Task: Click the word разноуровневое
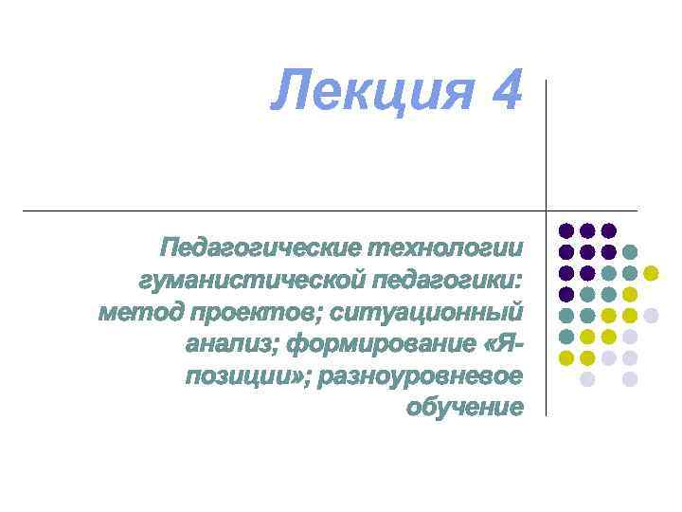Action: pyautogui.click(x=422, y=376)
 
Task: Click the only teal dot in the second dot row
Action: pyautogui.click(x=630, y=252)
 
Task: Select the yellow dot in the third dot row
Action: pyautogui.click(x=651, y=273)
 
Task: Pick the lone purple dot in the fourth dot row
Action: pyautogui.click(x=566, y=294)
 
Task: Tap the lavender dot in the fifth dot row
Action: pyautogui.click(x=651, y=316)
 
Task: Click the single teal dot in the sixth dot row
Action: pyautogui.click(x=566, y=337)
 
